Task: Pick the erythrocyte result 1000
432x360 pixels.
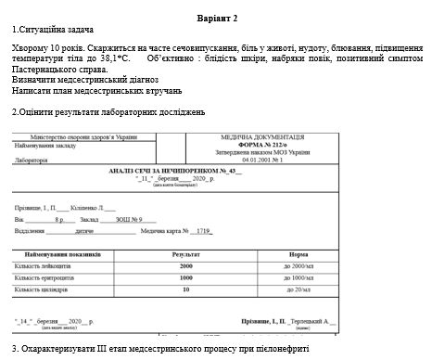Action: pyautogui.click(x=185, y=277)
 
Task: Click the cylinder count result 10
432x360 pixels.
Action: pyautogui.click(x=185, y=289)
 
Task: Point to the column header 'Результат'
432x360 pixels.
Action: pyautogui.click(x=185, y=253)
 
